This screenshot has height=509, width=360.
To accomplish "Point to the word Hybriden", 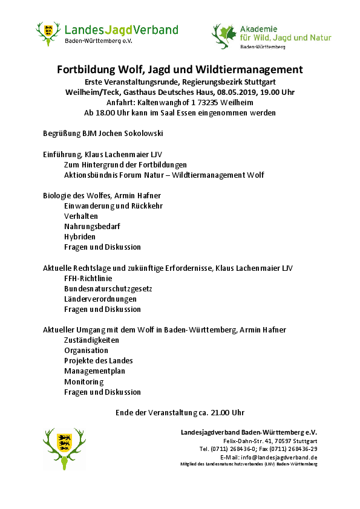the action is point(80,236).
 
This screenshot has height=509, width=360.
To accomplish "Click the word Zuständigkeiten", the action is point(91,340).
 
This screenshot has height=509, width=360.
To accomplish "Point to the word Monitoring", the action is point(84,381).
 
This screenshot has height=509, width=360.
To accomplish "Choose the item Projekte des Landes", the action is point(98,361).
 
